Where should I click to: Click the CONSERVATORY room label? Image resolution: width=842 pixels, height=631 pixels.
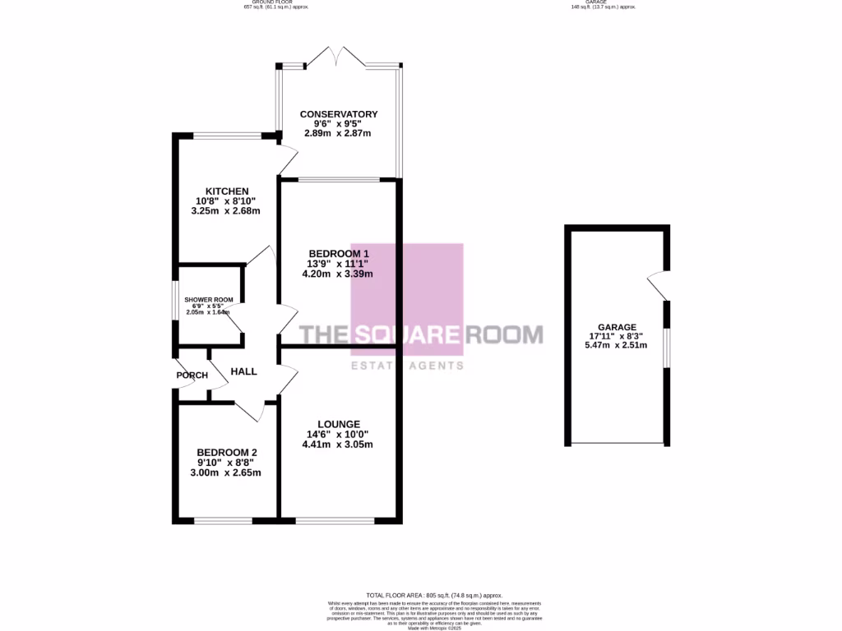point(338,114)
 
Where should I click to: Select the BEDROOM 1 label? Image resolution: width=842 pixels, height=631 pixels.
point(338,253)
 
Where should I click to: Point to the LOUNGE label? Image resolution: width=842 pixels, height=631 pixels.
point(338,424)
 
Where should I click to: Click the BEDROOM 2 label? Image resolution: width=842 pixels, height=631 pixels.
point(227,452)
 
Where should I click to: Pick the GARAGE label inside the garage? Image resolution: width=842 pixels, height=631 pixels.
point(618,327)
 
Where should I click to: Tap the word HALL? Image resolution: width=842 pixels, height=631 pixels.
point(243,371)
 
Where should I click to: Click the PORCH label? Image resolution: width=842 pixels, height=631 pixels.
point(192,375)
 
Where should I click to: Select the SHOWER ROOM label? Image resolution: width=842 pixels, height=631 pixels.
point(208,300)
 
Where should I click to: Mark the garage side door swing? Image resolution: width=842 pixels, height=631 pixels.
point(657,285)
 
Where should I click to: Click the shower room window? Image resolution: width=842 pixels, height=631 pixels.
point(174,302)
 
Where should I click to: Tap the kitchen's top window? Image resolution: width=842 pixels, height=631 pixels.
point(227,135)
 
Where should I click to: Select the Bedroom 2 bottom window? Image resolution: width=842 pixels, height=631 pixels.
point(223,520)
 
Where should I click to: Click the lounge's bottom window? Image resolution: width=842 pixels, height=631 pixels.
point(334,520)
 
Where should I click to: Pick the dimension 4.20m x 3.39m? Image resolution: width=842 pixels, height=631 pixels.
point(338,274)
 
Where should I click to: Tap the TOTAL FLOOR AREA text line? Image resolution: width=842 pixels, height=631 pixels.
point(434,595)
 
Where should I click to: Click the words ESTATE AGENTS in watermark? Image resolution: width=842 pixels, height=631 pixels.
point(407,366)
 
